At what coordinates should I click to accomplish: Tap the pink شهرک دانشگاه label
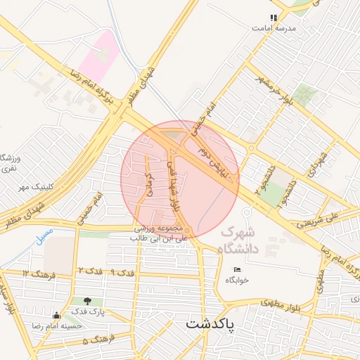[239, 240]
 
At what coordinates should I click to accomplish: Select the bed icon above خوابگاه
[237, 269]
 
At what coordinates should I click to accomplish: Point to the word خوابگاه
[237, 280]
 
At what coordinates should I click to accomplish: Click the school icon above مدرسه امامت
[274, 18]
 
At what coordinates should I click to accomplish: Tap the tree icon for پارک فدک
[88, 302]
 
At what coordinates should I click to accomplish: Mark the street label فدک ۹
[122, 272]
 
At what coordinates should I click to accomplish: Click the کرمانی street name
[149, 185]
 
